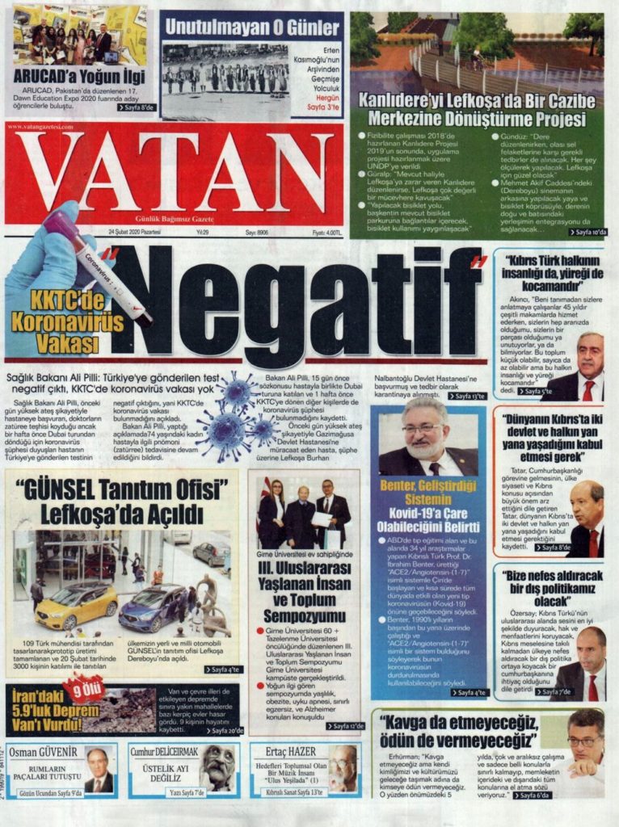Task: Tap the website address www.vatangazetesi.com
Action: pyautogui.click(x=40, y=128)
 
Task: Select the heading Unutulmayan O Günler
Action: pyautogui.click(x=252, y=27)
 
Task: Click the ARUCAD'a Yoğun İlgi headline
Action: pyautogui.click(x=78, y=78)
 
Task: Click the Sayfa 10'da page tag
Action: pyautogui.click(x=587, y=232)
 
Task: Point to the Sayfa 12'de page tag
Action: pyautogui.click(x=346, y=725)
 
